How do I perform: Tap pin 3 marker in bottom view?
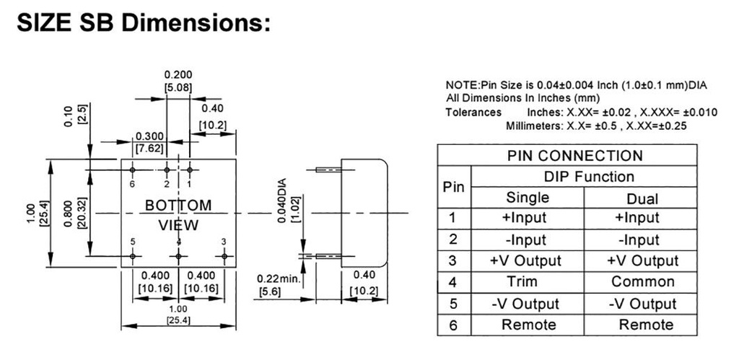pos(224,255)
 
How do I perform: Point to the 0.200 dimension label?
pos(178,74)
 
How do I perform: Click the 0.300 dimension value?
pos(149,136)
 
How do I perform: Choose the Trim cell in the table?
pos(528,282)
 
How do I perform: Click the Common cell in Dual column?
pos(642,282)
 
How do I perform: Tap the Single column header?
pos(528,197)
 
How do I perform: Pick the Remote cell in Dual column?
pos(642,325)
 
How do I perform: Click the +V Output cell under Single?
pos(528,260)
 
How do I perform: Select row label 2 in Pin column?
pos(453,240)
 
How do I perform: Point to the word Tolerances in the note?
pos(473,112)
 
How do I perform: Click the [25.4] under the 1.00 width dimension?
pos(179,320)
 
